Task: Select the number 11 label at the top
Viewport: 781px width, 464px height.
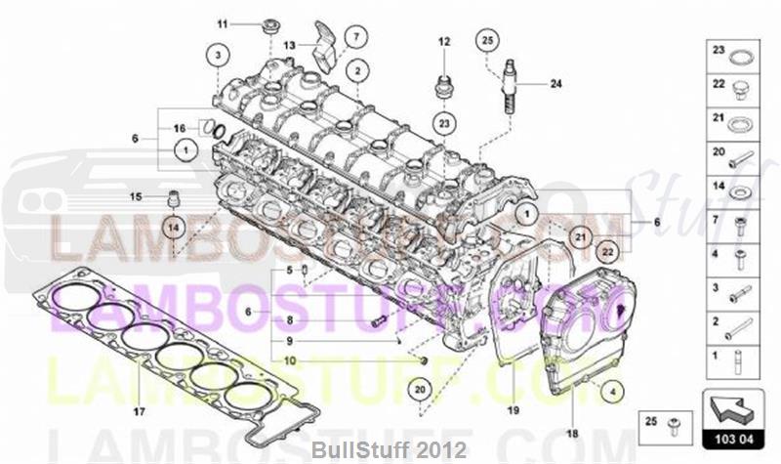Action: (222, 23)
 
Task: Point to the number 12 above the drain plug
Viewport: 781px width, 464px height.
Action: (443, 41)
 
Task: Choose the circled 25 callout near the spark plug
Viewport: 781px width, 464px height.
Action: (487, 40)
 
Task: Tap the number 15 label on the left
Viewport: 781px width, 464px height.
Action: (137, 195)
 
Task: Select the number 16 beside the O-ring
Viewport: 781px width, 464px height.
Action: (180, 128)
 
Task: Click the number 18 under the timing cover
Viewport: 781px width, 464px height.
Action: (572, 432)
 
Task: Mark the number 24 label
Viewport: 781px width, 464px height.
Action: (555, 84)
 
